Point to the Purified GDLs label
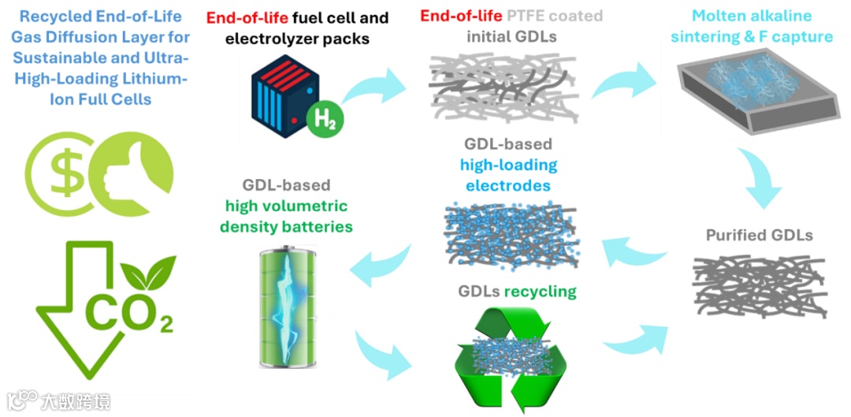[759, 235]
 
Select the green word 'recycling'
[541, 292]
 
